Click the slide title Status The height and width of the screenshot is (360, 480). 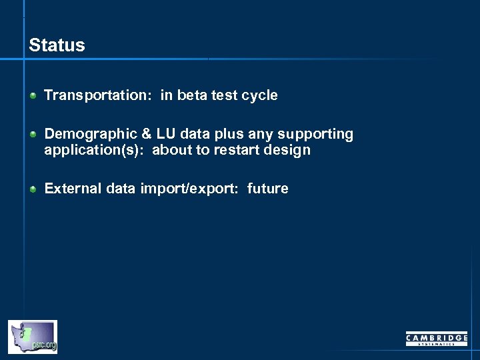tap(57, 45)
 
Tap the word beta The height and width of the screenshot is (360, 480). tap(191, 95)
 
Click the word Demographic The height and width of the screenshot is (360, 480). tap(87, 134)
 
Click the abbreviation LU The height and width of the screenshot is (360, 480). tap(163, 134)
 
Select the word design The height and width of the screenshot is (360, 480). tap(288, 149)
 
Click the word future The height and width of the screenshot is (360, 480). tap(267, 189)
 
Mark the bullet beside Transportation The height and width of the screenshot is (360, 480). tap(33, 95)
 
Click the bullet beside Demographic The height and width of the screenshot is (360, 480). tap(33, 134)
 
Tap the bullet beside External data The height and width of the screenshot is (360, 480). tap(33, 189)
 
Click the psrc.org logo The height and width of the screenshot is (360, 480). tap(33, 337)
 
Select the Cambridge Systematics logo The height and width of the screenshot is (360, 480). tap(437, 339)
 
